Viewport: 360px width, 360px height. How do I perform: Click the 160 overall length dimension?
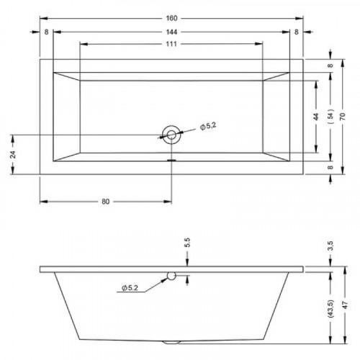(171, 18)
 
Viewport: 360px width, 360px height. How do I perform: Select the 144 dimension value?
(171, 32)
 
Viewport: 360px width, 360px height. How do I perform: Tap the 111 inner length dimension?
(171, 44)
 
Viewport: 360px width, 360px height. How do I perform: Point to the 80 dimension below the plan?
(106, 202)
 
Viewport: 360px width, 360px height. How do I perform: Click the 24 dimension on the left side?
(14, 154)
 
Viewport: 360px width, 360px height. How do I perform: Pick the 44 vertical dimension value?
(316, 117)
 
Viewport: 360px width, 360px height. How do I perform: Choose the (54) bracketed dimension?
(330, 116)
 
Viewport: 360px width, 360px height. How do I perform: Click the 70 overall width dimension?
(343, 116)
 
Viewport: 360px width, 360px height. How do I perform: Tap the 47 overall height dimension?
(346, 305)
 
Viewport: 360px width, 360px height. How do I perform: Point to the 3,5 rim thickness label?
(330, 246)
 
